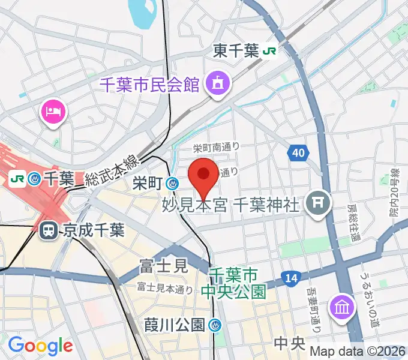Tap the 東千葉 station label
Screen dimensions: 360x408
coord(236,52)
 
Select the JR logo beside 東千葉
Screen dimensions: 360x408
coord(269,52)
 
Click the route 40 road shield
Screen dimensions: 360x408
coord(298,154)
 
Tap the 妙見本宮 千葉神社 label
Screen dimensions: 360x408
coord(230,206)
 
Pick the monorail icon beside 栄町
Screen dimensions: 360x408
coord(173,184)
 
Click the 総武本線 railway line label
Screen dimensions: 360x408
coord(111,170)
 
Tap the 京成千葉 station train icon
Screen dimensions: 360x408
coord(47,230)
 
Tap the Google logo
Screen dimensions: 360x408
coord(40,346)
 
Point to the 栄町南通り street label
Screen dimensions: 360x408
coord(215,147)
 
